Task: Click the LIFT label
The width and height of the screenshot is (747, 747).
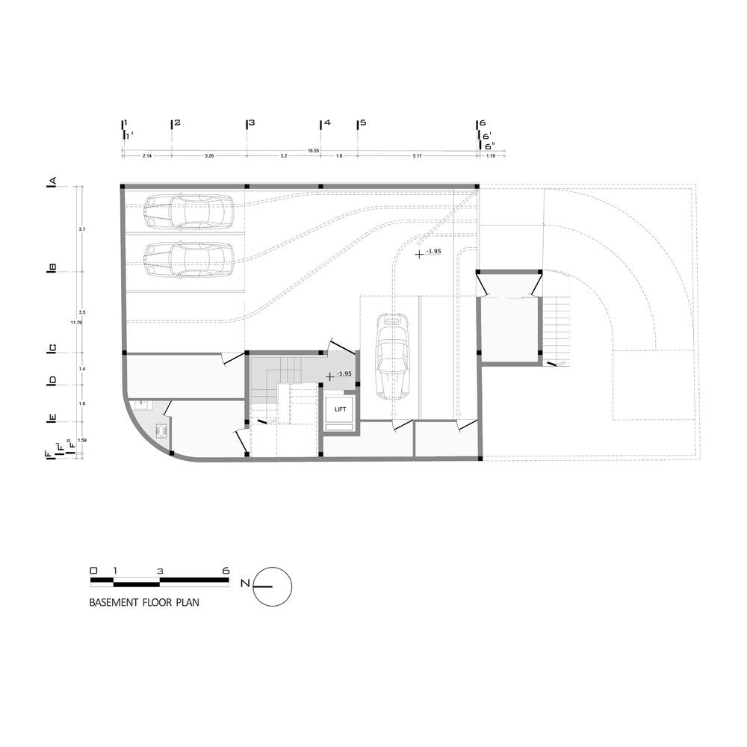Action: [x=340, y=409]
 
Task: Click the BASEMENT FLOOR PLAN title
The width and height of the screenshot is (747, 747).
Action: [x=144, y=601]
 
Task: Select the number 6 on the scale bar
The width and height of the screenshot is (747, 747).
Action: [x=226, y=570]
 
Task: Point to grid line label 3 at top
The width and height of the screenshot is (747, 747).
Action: [x=251, y=123]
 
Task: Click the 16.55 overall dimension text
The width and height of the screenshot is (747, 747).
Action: [x=313, y=151]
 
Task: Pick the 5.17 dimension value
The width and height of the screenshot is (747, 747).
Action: [x=418, y=156]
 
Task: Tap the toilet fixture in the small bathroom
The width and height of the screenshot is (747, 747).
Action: [x=161, y=431]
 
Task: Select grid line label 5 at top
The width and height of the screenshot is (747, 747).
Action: [x=363, y=123]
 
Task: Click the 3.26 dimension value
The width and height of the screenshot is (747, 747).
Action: [x=208, y=156]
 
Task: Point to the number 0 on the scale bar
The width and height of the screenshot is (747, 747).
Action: [x=93, y=570]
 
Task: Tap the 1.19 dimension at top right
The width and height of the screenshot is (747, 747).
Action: [x=491, y=156]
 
